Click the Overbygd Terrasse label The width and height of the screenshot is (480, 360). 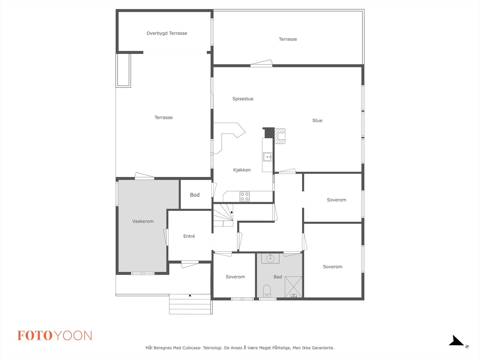pyautogui.click(x=167, y=33)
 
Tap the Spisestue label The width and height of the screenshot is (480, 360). pyautogui.click(x=243, y=99)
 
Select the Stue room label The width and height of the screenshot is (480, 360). pyautogui.click(x=317, y=121)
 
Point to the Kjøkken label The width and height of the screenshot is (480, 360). pyautogui.click(x=242, y=170)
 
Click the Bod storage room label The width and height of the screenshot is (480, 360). pyautogui.click(x=195, y=195)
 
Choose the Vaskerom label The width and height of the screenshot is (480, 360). pyautogui.click(x=143, y=221)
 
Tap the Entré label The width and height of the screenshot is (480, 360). pyautogui.click(x=189, y=236)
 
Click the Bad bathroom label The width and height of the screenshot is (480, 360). pyautogui.click(x=277, y=277)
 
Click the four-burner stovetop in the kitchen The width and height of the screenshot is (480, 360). pyautogui.click(x=244, y=196)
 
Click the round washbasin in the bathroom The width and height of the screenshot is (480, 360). pyautogui.click(x=270, y=258)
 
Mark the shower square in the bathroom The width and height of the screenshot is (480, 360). pyautogui.click(x=293, y=287)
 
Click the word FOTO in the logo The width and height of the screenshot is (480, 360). pyautogui.click(x=35, y=336)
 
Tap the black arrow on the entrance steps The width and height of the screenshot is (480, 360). pyautogui.click(x=190, y=295)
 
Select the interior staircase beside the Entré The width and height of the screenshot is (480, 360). pyautogui.click(x=223, y=214)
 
